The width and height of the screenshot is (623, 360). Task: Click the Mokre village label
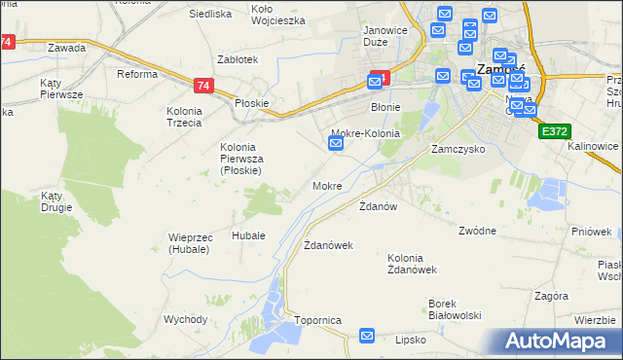point(327,185)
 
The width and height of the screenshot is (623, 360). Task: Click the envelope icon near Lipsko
point(367,336)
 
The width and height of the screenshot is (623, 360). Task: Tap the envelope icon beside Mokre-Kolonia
point(336,144)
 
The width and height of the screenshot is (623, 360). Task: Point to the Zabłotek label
point(238,58)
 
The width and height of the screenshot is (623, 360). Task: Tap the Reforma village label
point(137,74)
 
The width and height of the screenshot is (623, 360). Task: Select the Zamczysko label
point(458,150)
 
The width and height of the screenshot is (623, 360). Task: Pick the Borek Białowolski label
point(456,309)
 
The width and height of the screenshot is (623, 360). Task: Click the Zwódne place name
point(478,231)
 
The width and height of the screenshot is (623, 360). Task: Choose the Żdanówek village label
point(328,245)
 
